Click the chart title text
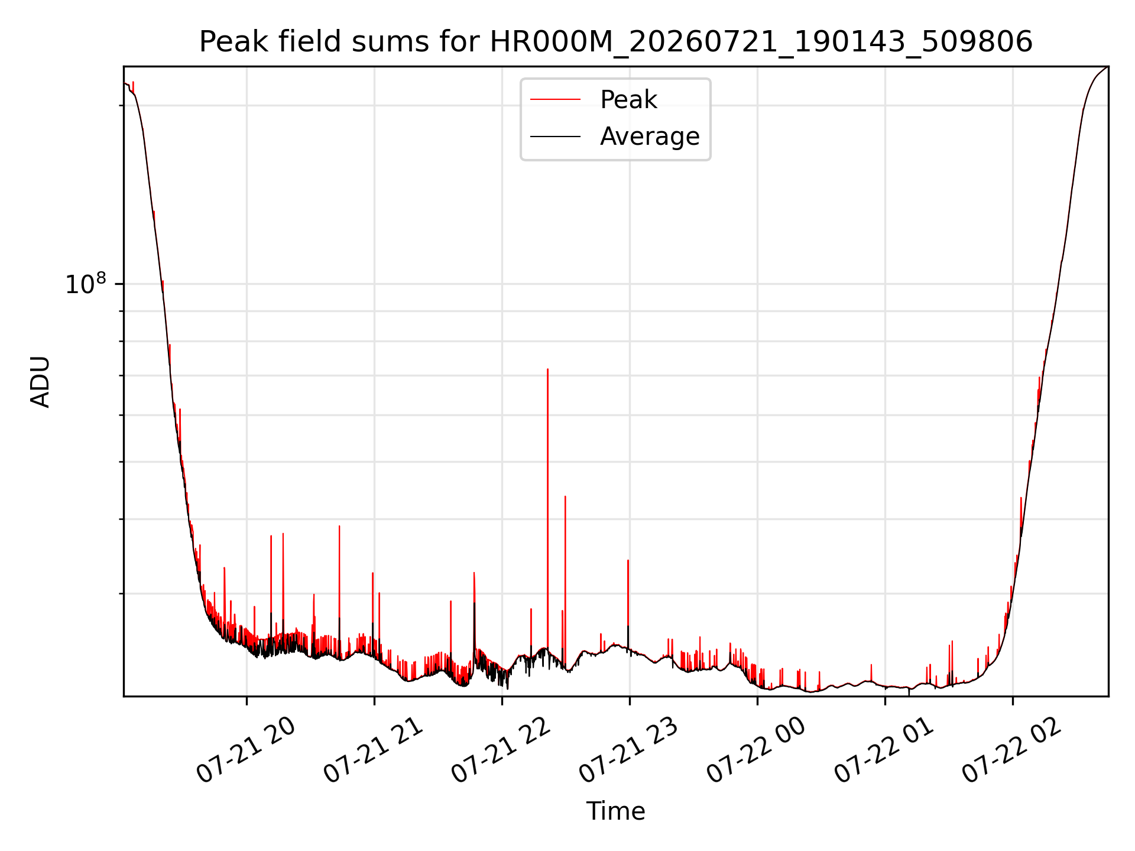point(615,42)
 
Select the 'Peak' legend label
point(628,100)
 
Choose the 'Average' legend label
point(650,137)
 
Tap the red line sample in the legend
point(555,100)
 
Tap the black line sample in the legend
point(555,137)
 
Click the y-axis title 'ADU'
point(40,381)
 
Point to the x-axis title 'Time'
point(615,811)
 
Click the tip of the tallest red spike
point(547,369)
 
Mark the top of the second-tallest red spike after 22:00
point(565,496)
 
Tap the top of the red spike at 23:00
point(628,560)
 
